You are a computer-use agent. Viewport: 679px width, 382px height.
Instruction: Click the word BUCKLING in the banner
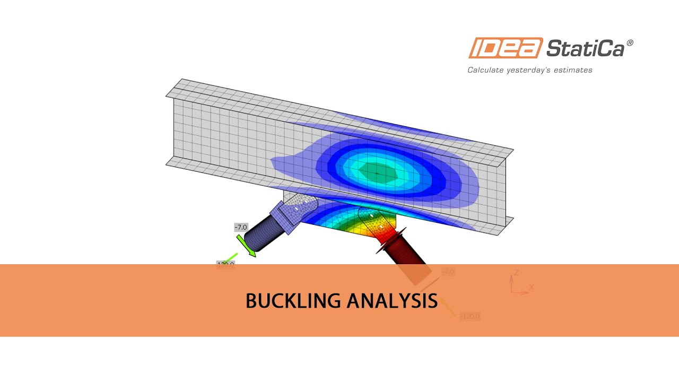(x=293, y=301)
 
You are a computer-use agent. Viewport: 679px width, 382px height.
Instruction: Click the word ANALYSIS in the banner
(x=392, y=301)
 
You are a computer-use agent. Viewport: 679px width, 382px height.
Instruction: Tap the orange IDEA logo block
(x=506, y=48)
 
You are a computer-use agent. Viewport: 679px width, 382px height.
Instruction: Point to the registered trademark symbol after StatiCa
(x=630, y=44)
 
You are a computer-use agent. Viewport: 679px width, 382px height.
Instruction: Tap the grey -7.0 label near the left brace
(x=241, y=227)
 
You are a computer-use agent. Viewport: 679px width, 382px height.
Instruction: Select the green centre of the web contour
(x=376, y=172)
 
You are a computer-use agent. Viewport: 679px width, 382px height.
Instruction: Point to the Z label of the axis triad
(x=516, y=273)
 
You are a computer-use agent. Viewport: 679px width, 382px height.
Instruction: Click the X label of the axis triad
(x=532, y=287)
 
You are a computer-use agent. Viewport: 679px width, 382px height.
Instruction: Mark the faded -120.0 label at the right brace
(x=470, y=316)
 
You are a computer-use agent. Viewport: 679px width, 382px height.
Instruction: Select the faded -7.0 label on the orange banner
(x=448, y=272)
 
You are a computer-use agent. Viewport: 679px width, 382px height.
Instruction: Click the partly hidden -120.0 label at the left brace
(x=225, y=264)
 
